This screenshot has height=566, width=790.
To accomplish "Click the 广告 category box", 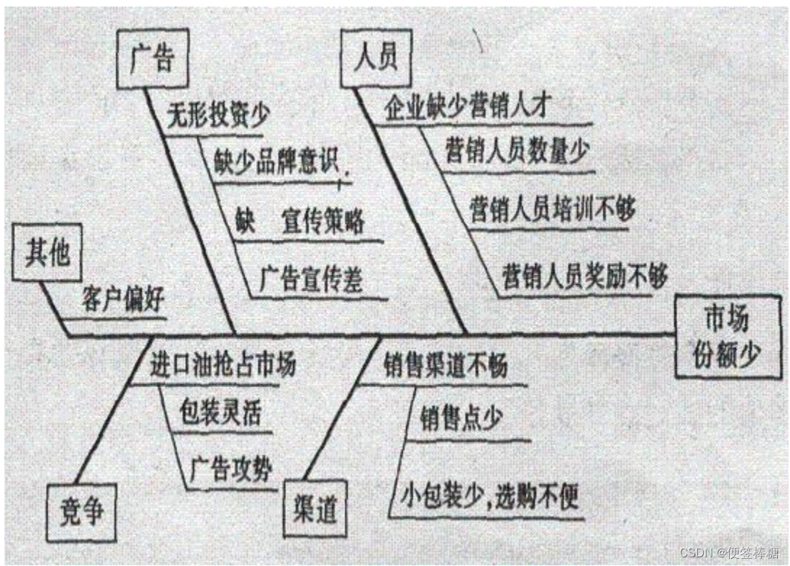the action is tap(152, 59).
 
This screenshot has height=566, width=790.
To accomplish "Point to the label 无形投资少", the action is tap(217, 116).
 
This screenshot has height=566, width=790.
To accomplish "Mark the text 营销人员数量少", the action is tap(517, 152).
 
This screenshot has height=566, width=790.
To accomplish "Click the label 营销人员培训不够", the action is tap(552, 209).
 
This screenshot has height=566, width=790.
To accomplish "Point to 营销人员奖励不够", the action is tap(584, 276).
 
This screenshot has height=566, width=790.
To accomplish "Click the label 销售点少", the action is tap(461, 420).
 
